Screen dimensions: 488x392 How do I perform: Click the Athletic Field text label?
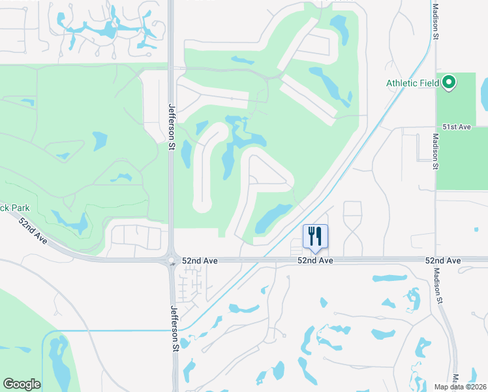tap(413, 83)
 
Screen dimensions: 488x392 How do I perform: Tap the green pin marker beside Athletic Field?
tap(449, 83)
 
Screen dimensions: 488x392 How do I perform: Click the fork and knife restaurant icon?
tap(315, 236)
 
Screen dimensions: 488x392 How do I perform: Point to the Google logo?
tap(22, 384)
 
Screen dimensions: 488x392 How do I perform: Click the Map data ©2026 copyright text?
tap(460, 387)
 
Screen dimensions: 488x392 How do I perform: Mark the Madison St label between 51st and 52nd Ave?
tap(435, 152)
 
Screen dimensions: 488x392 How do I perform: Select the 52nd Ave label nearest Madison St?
tap(443, 261)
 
